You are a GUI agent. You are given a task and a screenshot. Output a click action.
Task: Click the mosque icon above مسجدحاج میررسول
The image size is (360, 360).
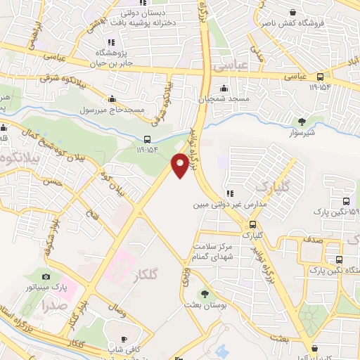point(112,99)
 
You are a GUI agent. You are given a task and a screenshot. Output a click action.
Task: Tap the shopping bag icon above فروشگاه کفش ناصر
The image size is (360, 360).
point(294,11)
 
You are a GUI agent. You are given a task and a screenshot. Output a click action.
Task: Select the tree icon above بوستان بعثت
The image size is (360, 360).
point(205,294)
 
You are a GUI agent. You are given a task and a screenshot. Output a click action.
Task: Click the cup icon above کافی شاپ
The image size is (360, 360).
point(124,339)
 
